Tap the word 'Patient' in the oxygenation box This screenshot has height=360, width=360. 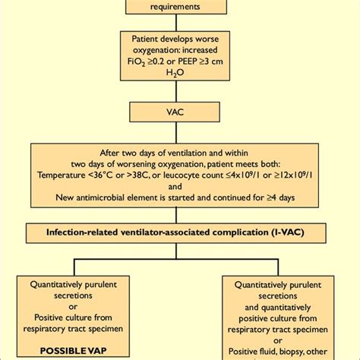(x=145, y=39)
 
